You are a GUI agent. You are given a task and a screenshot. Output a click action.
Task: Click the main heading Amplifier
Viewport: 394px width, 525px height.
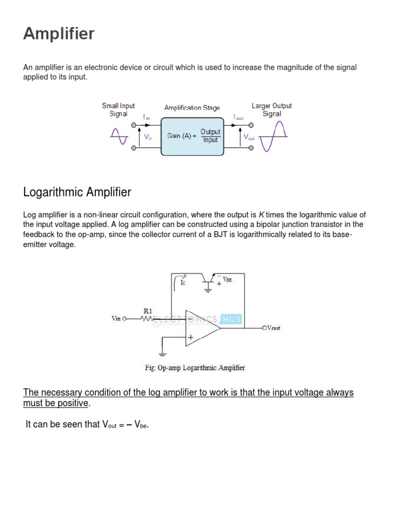59,34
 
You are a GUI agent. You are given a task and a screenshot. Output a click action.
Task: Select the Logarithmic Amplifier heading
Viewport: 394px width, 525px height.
77,193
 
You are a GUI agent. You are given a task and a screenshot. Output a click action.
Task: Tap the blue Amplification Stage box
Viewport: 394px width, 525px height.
193,136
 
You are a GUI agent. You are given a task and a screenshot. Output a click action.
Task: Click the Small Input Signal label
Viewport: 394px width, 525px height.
119,110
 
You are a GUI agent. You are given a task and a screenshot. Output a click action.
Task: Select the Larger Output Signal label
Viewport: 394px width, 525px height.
271,110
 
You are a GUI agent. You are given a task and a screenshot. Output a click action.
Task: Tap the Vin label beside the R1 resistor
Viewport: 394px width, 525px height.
118,318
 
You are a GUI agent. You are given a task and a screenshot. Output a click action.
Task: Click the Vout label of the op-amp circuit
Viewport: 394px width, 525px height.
271,328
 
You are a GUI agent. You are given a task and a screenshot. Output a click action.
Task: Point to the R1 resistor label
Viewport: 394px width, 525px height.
147,311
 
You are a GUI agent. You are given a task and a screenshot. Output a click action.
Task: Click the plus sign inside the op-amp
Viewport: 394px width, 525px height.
191,337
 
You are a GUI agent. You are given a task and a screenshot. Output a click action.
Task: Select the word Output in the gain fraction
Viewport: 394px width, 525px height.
210,132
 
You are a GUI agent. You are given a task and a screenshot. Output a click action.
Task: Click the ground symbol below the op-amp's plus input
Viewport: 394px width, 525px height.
163,353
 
